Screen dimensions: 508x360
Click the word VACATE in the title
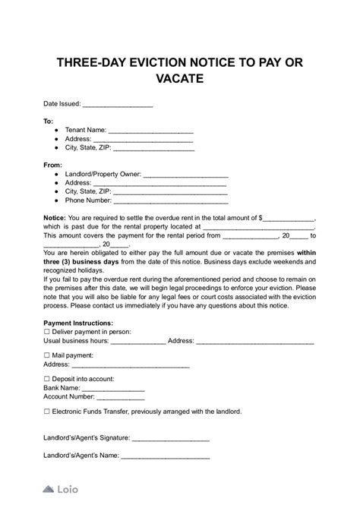179,77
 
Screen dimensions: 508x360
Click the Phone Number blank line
170,202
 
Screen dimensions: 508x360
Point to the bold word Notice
54,216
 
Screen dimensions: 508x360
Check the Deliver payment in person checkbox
47,332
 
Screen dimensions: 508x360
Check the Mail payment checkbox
47,355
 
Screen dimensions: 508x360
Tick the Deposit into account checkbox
47,377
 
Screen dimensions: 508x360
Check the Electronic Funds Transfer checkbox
47,411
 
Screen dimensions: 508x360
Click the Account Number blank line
121,397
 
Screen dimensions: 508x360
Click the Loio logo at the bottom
60,490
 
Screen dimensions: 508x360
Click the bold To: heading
49,121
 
